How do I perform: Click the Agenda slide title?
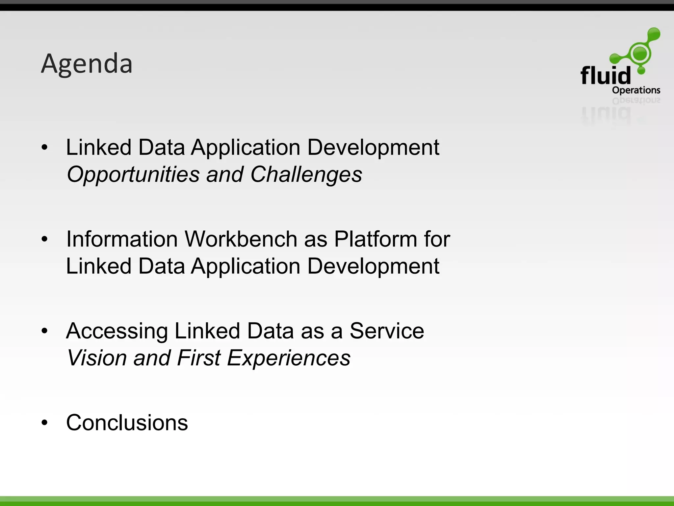(87, 64)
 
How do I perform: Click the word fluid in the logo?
(605, 76)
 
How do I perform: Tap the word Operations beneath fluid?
(636, 90)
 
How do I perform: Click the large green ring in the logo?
(640, 53)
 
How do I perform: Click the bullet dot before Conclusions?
(45, 423)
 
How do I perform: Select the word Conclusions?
(127, 423)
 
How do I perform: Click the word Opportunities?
(133, 174)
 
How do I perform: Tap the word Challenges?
(306, 174)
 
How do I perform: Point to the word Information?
(122, 239)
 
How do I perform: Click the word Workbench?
(241, 239)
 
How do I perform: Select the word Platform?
(376, 239)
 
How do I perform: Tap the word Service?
(387, 331)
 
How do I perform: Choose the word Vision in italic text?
(97, 358)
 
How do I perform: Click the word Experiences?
(289, 358)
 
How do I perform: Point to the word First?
(198, 358)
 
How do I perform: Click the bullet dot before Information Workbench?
(45, 239)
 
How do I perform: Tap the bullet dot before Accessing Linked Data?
(45, 331)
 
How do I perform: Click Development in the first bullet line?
(373, 148)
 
